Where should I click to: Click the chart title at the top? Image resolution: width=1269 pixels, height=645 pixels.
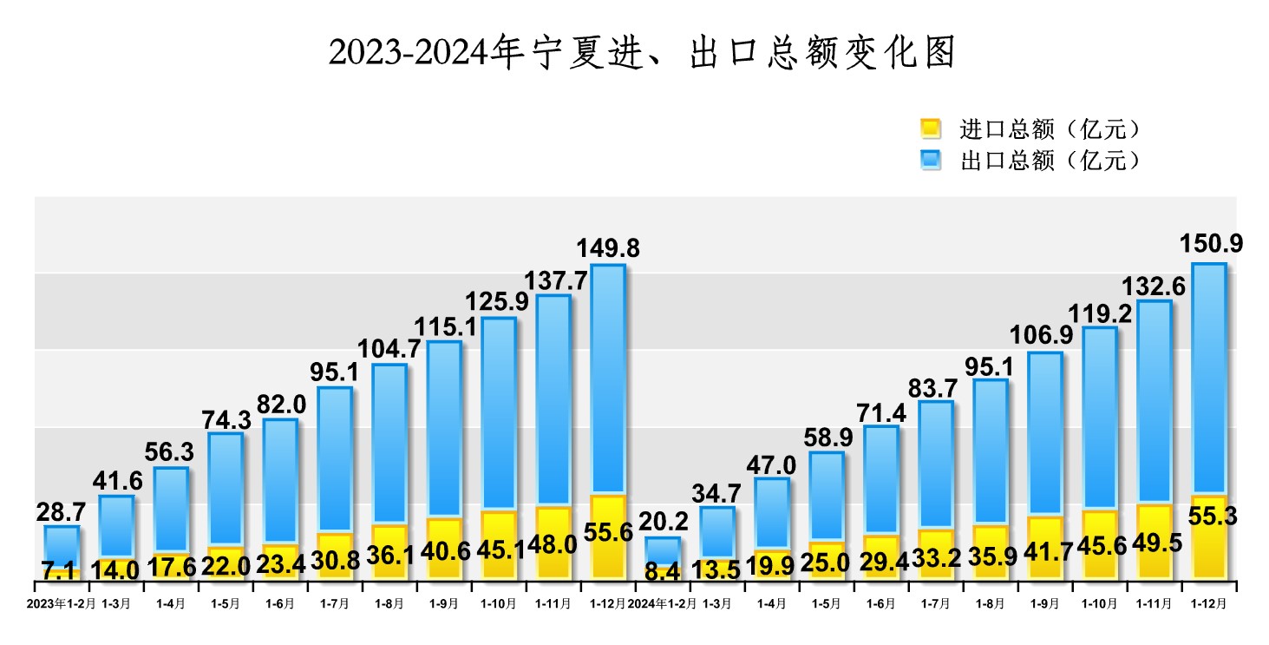tap(641, 54)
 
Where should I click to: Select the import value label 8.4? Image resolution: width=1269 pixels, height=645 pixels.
tap(663, 572)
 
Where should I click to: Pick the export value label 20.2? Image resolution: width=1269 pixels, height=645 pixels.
tap(663, 522)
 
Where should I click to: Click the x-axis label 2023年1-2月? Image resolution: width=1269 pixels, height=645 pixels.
tap(61, 603)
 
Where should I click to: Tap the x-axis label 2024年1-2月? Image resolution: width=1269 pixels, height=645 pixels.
tap(662, 603)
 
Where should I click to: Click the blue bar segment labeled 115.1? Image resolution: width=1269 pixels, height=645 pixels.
tap(444, 430)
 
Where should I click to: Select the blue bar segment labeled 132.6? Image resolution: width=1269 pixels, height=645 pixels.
tap(1155, 402)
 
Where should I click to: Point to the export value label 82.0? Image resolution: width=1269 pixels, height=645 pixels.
tap(280, 405)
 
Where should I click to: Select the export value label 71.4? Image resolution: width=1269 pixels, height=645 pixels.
tap(880, 411)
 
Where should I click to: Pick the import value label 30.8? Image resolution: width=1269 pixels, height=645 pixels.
tap(335, 562)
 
